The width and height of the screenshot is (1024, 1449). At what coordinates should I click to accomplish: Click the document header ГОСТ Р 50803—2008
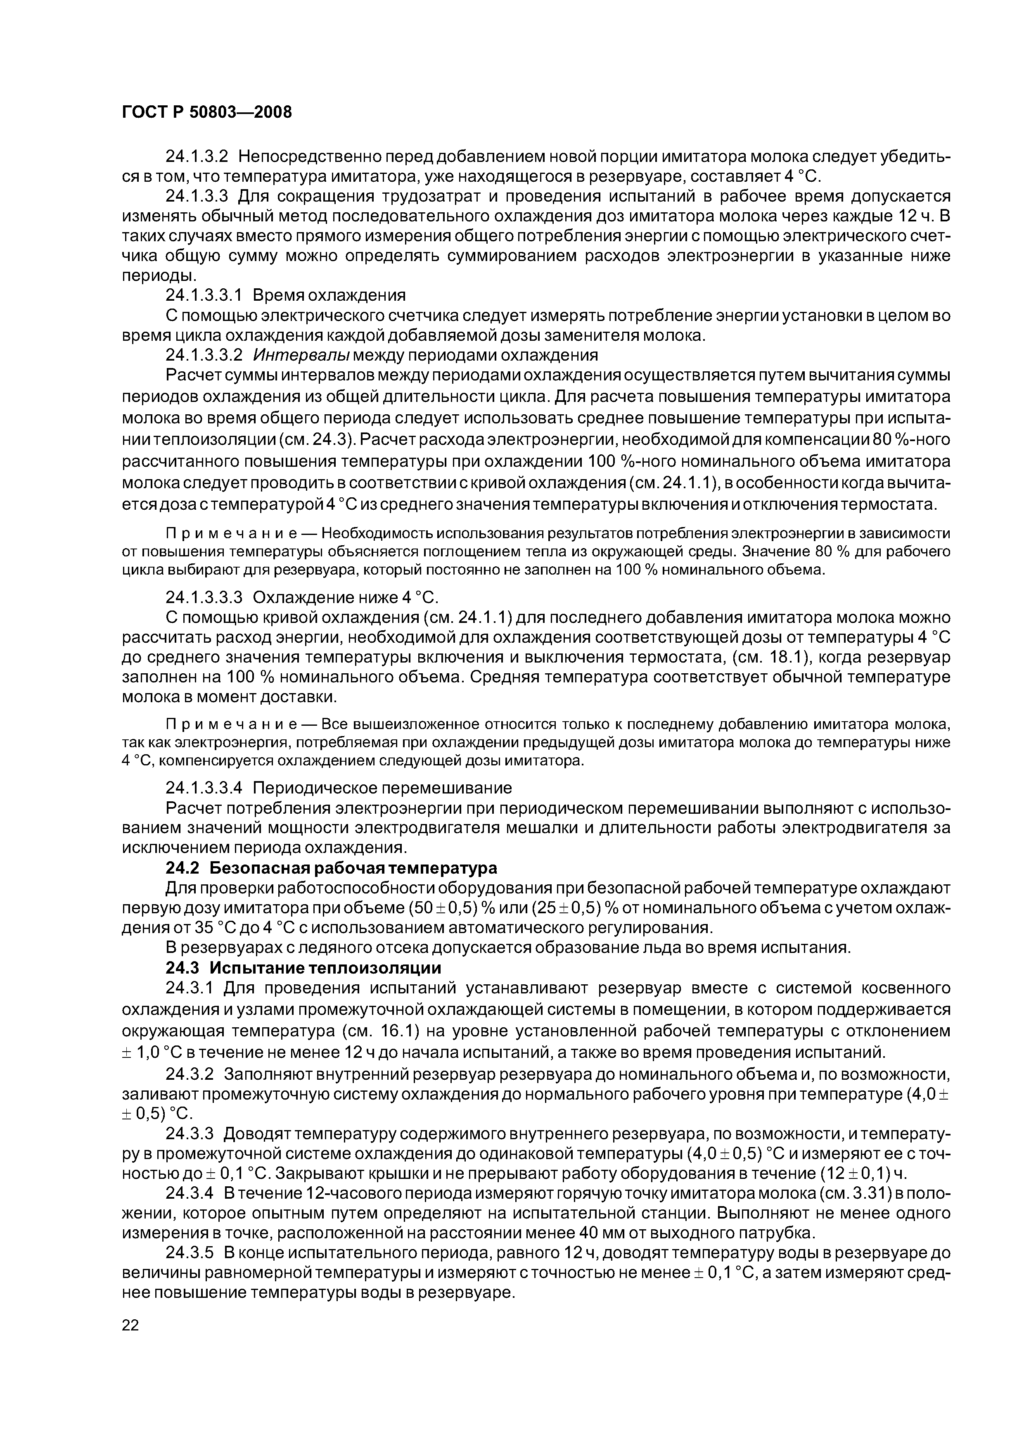coord(207,112)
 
